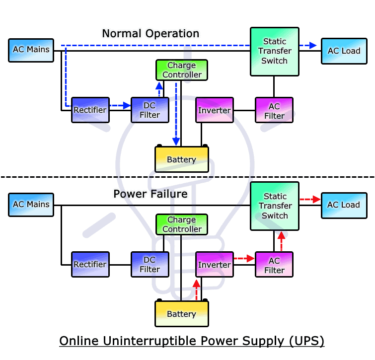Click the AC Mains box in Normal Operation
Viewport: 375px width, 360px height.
31,50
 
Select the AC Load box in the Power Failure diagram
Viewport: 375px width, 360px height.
343,205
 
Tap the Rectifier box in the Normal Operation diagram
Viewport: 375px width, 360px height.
90,110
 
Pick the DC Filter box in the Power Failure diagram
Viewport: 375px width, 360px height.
150,265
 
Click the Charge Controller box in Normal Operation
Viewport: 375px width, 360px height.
182,70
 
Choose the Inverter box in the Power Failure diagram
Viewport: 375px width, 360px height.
214,265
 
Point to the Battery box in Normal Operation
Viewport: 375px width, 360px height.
181,159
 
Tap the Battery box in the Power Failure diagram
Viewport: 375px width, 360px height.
181,314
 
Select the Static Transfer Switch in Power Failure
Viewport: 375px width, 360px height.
275,206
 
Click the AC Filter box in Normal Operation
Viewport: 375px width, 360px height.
274,110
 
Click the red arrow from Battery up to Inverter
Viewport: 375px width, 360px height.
196,290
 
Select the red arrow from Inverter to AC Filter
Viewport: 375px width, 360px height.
244,258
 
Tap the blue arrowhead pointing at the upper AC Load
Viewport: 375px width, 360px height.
312,46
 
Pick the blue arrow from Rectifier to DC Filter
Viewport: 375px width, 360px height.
119,105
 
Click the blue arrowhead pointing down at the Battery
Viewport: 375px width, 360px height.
176,142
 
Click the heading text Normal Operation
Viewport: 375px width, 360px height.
150,34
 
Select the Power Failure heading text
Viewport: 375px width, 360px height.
150,194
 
